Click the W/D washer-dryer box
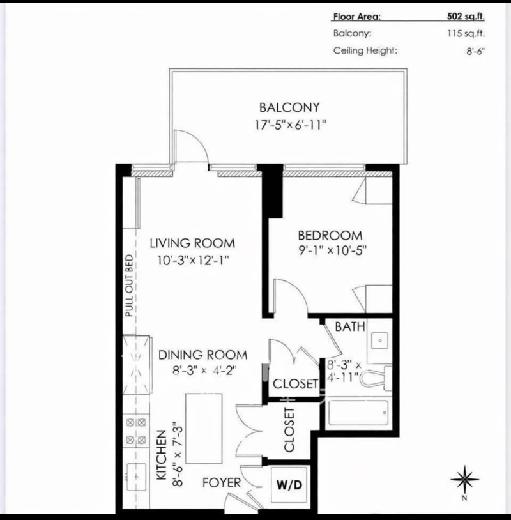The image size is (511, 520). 289,484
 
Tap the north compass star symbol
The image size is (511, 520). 464,479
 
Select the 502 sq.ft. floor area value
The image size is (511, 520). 466,16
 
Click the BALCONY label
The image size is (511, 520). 289,107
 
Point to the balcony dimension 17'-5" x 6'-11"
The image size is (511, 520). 291,125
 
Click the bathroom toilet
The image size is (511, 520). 376,378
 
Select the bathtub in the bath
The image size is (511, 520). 358,413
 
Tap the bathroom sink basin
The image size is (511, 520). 379,340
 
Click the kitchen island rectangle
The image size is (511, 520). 204,428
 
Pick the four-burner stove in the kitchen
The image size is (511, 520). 136,431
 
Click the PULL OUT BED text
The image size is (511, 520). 129,286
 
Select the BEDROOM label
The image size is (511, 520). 330,236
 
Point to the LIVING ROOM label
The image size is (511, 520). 192,243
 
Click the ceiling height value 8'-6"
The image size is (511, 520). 475,51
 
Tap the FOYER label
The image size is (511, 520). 222,482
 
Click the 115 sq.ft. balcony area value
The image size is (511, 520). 466,33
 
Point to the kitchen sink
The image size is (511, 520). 136,477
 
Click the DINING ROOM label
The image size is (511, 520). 203,355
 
